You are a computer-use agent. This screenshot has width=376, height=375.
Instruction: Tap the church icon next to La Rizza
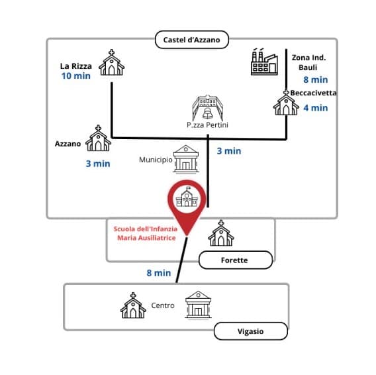coord(111,64)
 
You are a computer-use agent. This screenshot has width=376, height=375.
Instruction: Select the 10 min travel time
coord(75,77)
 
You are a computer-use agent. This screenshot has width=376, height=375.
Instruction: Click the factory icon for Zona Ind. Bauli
coord(263,62)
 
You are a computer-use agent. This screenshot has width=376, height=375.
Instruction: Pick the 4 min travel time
coord(315,107)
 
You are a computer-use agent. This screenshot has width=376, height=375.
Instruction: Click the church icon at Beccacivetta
coord(287,104)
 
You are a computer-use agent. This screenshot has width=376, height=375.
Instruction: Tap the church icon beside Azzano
coord(99,139)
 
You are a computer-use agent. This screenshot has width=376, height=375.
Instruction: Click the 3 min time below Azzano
coord(97,163)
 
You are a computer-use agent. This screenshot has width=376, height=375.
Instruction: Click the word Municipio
coord(155,160)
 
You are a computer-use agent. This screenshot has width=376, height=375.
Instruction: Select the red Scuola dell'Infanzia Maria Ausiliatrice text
coord(145,233)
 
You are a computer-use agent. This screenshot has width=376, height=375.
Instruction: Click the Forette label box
coord(235,260)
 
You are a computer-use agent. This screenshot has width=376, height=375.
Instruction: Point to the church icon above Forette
coord(220,234)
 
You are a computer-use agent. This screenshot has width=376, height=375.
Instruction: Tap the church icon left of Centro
coord(132,305)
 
